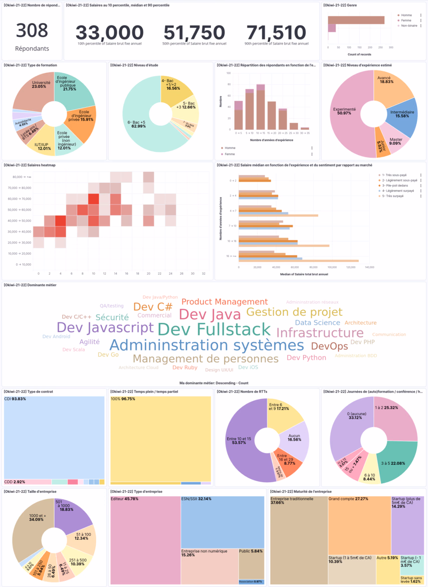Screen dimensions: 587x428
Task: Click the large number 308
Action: (x=32, y=30)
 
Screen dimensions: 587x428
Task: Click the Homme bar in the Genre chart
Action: (x=356, y=20)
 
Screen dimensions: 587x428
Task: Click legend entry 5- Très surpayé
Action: (x=395, y=195)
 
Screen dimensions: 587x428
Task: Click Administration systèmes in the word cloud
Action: (x=206, y=345)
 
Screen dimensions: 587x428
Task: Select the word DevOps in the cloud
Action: (x=329, y=346)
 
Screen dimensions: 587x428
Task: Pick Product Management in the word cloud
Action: (x=224, y=302)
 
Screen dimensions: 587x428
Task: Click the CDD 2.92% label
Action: (x=15, y=481)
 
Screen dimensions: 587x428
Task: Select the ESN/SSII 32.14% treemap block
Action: (x=222, y=521)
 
